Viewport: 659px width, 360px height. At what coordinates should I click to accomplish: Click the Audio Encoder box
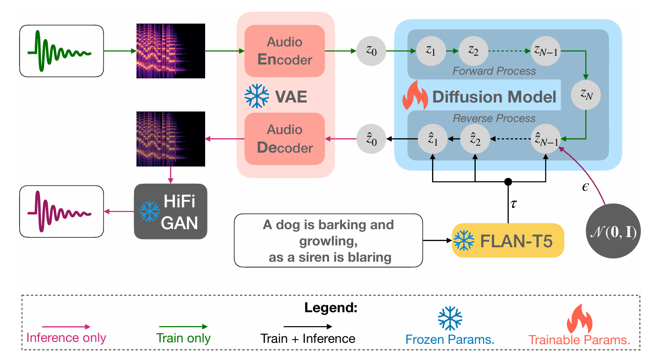pyautogui.click(x=285, y=51)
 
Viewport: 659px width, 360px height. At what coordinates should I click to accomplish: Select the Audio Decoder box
pyautogui.click(x=285, y=139)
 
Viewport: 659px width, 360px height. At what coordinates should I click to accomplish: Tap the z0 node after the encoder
pyautogui.click(x=371, y=51)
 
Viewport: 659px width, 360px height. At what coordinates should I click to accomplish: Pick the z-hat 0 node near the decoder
pyautogui.click(x=371, y=138)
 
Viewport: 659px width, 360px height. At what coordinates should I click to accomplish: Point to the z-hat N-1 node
pyautogui.click(x=546, y=138)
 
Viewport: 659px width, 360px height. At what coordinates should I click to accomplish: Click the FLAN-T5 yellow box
pyautogui.click(x=508, y=240)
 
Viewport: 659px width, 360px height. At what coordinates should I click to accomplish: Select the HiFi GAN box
pyautogui.click(x=170, y=212)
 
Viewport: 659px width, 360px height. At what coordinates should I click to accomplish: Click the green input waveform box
pyautogui.click(x=61, y=51)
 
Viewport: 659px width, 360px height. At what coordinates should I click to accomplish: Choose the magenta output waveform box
pyautogui.click(x=61, y=212)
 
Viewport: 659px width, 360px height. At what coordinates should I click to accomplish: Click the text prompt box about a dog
pyautogui.click(x=329, y=241)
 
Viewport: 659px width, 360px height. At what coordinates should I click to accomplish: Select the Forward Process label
pyautogui.click(x=494, y=71)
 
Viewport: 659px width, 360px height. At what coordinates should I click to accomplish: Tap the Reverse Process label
pyautogui.click(x=494, y=118)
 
